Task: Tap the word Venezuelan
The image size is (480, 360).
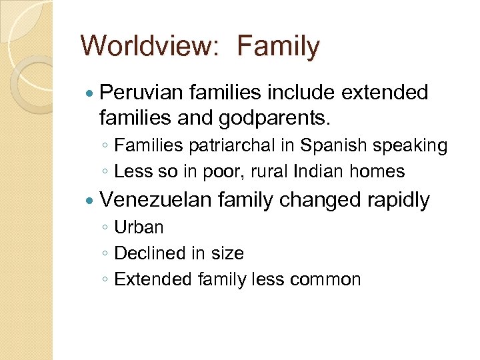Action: (x=155, y=200)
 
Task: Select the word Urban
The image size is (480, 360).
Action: (x=139, y=227)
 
